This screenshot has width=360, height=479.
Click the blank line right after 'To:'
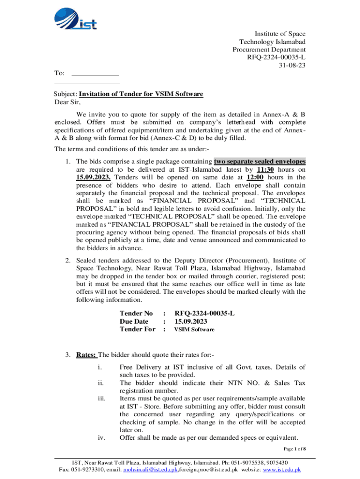click(95, 73)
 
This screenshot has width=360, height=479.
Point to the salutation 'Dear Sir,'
click(68, 102)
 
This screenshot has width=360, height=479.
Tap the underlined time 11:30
click(266, 169)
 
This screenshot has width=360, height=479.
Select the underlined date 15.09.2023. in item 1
click(94, 177)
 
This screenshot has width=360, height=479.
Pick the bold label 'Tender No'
click(136, 313)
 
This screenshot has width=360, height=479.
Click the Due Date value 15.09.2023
click(191, 321)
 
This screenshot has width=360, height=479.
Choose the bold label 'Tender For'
click(137, 329)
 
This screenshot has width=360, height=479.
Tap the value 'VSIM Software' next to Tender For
click(194, 330)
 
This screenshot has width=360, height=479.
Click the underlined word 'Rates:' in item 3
click(86, 355)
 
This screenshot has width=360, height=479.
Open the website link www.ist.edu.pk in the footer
click(282, 470)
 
